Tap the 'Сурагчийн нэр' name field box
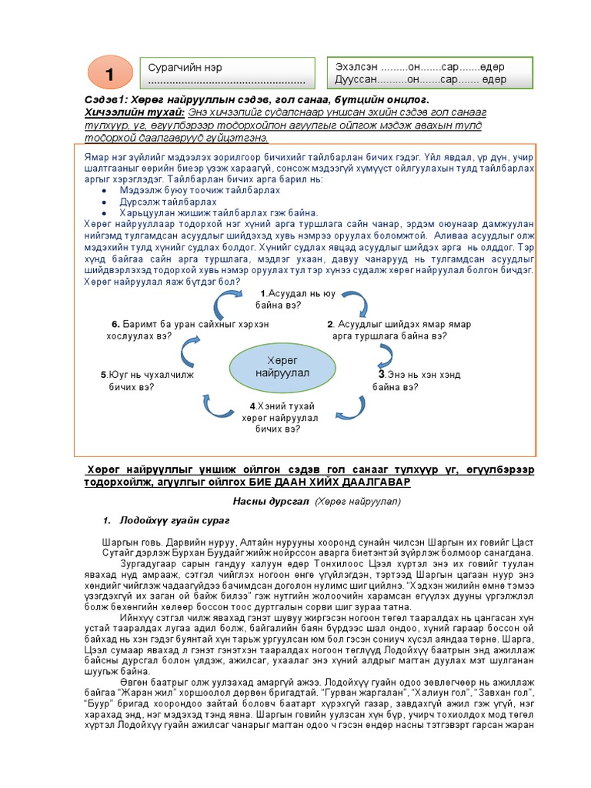(225, 73)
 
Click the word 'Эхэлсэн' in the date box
(357, 67)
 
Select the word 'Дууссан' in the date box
(356, 79)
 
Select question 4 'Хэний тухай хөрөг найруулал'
(280, 416)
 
